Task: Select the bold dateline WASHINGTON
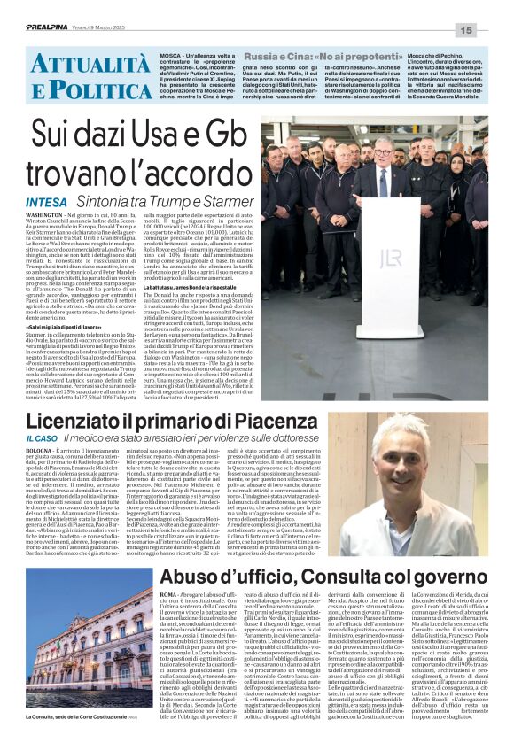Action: pyautogui.click(x=45, y=215)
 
